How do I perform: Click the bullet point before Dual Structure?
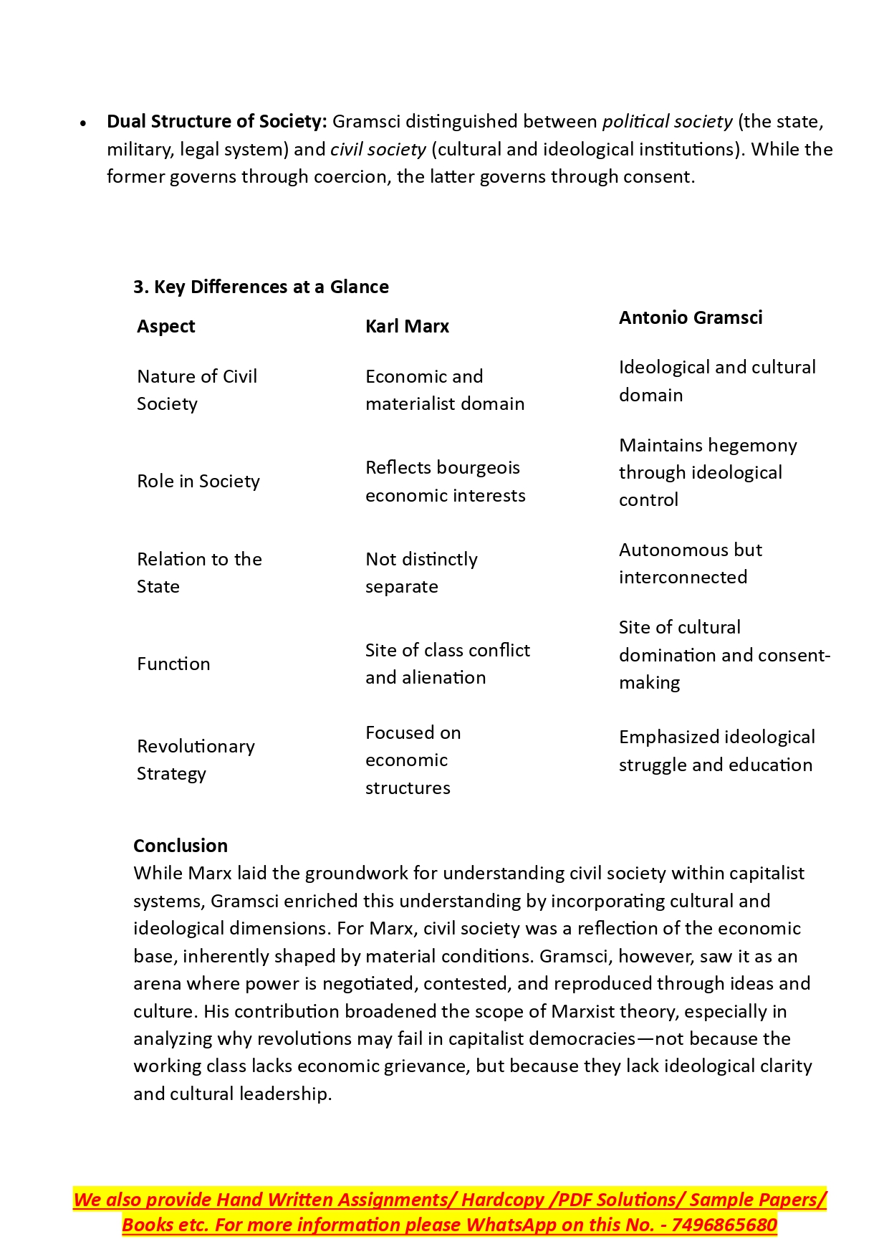coord(84,123)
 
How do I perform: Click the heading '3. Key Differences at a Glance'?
coord(261,287)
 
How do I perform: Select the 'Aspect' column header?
coord(165,326)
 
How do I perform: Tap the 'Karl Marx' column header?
coord(407,326)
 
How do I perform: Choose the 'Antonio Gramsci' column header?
coord(691,317)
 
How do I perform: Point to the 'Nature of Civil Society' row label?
coord(196,390)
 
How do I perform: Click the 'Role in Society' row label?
coord(198,481)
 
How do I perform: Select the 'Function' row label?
coord(173,664)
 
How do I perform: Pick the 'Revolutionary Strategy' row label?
coord(195,760)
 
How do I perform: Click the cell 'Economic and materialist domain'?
coord(444,390)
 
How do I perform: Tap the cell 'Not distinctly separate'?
coord(421,573)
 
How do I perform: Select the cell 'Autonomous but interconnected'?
coord(690,563)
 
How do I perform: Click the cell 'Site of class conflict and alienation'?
coord(447,664)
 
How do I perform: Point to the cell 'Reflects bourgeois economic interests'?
coord(445,481)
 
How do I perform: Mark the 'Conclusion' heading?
coord(181,846)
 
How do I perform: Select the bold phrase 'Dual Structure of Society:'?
coord(216,121)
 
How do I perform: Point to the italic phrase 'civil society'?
coord(378,149)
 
